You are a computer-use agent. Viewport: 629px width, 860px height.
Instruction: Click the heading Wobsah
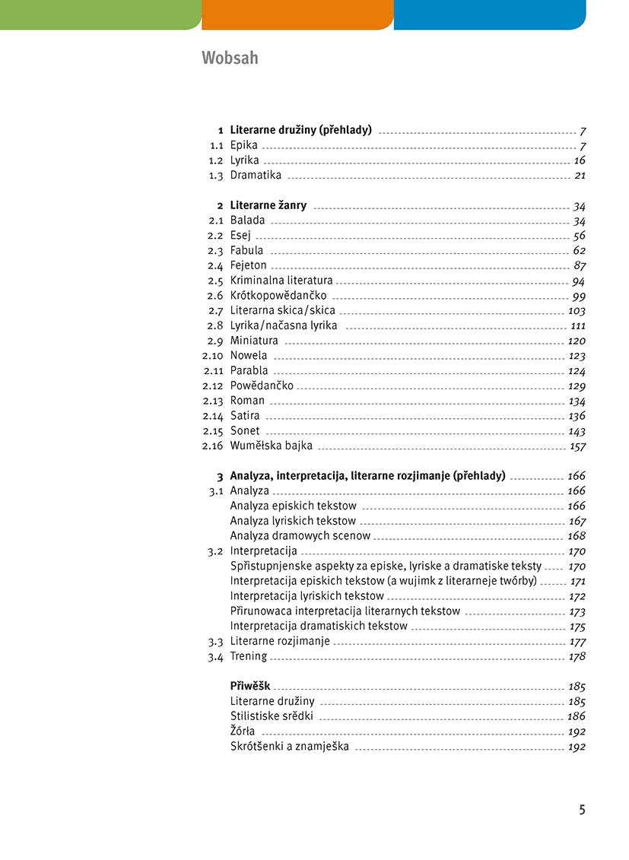coord(230,58)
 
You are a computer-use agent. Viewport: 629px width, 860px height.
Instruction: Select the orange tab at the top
coord(297,14)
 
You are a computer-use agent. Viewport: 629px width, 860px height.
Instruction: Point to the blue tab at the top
coord(490,14)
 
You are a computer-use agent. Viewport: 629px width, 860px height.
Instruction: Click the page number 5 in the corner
coord(582,810)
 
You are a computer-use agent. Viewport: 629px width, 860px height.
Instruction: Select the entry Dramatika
coord(256,176)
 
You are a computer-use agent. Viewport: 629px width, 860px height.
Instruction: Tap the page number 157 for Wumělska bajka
coord(577,446)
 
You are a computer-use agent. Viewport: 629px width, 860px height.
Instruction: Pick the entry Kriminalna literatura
coord(281,281)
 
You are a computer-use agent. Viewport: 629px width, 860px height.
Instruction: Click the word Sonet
coord(245,431)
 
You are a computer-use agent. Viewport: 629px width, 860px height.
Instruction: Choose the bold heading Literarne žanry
coord(268,206)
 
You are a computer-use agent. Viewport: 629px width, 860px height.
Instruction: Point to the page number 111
coord(577,326)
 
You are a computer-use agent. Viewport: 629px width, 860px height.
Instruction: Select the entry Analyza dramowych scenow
coord(300,536)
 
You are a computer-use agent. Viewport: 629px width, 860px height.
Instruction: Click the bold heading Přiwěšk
coord(250,687)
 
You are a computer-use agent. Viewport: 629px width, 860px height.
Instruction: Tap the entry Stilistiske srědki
coord(272,716)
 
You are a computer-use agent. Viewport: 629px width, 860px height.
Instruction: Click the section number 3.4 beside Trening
coord(215,657)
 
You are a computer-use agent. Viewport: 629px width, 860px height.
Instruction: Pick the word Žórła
coord(243,731)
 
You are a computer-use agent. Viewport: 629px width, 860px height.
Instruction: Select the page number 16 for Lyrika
coord(580,160)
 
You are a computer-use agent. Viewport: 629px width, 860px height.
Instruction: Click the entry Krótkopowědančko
coord(278,296)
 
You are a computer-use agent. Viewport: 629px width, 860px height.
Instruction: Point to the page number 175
coord(577,627)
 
